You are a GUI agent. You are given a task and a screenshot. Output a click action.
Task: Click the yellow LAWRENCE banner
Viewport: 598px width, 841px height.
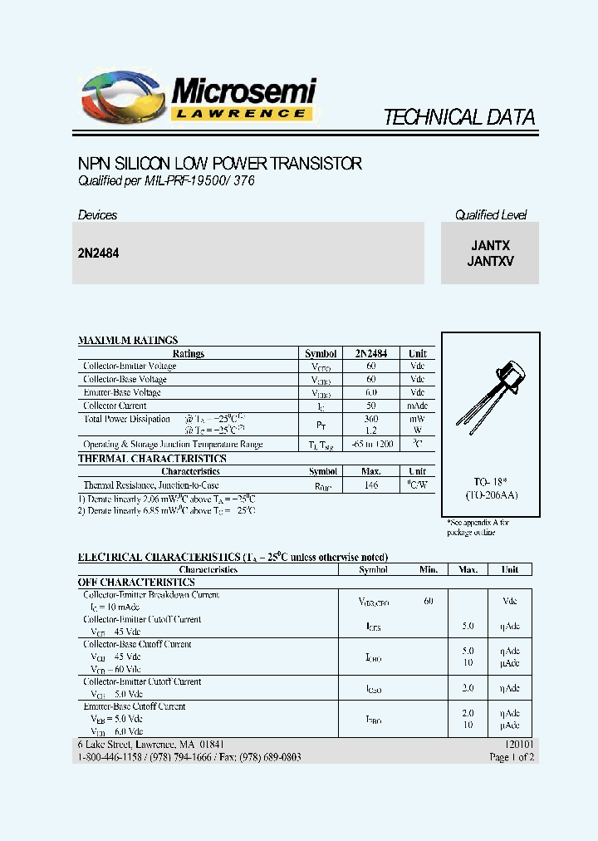point(242,114)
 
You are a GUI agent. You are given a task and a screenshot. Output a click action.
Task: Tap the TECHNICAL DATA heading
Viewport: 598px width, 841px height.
point(458,117)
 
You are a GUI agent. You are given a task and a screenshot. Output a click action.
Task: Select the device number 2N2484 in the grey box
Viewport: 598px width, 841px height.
point(98,253)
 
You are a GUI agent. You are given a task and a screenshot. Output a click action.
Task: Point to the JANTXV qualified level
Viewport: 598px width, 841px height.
point(490,261)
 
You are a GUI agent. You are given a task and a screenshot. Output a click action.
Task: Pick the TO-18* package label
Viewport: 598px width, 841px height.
point(490,482)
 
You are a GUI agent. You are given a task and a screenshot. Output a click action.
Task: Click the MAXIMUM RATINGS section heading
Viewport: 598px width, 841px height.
point(128,340)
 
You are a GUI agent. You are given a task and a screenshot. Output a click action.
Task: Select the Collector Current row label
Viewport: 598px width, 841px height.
point(115,406)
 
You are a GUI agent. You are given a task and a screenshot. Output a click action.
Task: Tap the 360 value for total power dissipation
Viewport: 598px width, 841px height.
point(371,419)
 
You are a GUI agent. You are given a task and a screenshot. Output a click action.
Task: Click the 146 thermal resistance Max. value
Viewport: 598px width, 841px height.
point(371,484)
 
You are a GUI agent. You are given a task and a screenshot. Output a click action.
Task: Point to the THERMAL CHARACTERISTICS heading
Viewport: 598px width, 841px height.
point(152,458)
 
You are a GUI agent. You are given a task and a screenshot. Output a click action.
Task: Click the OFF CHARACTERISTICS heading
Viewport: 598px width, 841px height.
point(136,583)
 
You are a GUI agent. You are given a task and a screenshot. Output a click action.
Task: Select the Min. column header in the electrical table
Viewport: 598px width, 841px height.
point(429,569)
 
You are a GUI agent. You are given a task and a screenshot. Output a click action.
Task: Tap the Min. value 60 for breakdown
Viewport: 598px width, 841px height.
point(429,600)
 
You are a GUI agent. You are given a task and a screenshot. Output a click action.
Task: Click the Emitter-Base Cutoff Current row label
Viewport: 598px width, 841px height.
point(134,706)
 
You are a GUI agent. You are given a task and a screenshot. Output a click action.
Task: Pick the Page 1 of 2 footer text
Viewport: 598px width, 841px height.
point(512,757)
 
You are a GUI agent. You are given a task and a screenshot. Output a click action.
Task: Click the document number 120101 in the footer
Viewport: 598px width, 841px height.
point(519,745)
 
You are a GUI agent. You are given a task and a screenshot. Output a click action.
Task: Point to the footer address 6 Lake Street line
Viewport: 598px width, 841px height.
point(150,745)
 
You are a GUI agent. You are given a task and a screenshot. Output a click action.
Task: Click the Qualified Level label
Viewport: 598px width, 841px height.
point(490,215)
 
